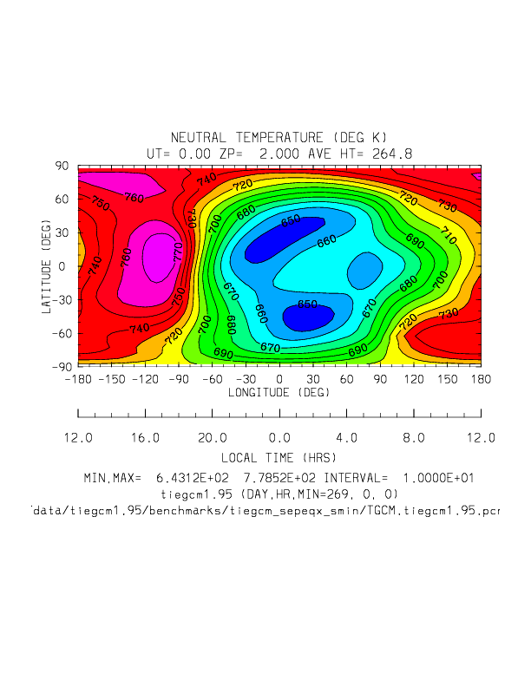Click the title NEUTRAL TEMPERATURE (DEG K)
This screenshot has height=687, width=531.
[x=279, y=138]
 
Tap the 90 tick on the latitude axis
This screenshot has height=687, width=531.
[x=62, y=165]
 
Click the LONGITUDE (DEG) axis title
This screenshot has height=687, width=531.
[x=279, y=392]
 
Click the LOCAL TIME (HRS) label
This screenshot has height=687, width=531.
[x=279, y=456]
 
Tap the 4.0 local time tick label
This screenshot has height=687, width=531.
[x=346, y=438]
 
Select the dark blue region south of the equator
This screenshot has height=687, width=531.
[x=308, y=317]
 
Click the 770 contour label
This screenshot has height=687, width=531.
[x=179, y=253]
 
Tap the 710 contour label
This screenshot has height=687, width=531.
[x=448, y=235]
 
